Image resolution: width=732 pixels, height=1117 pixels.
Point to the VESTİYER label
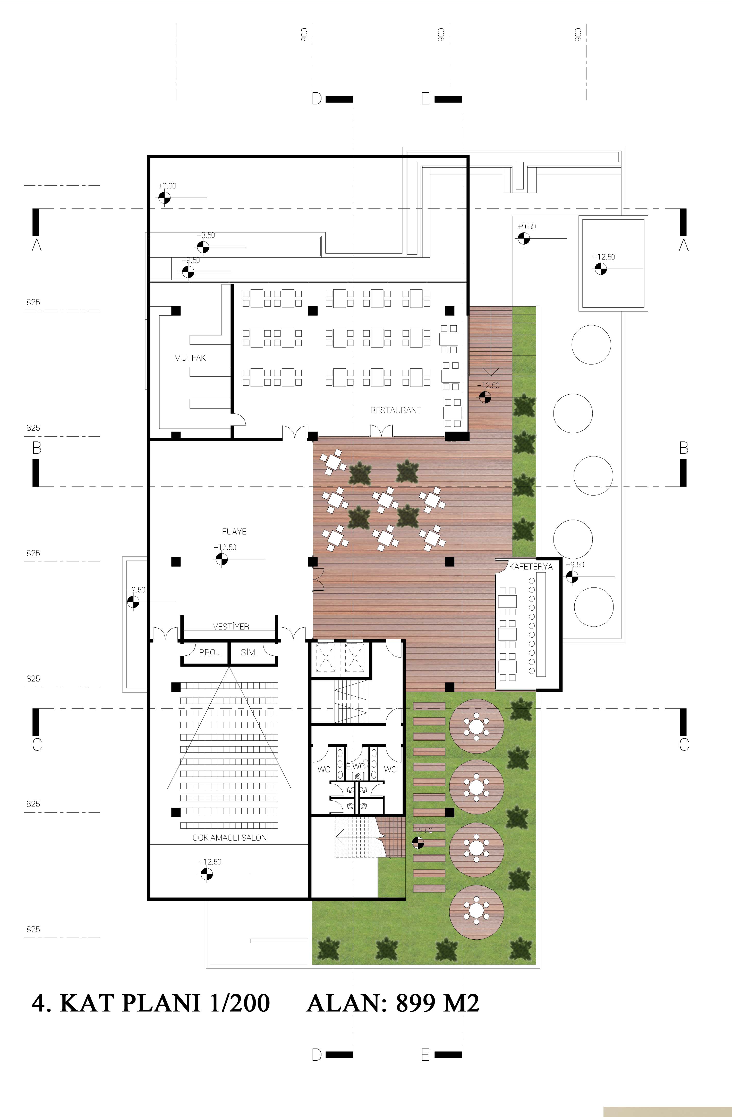point(231,626)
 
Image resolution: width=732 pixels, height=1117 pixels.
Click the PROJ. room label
point(210,652)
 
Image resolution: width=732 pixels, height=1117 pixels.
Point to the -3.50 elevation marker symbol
point(203,247)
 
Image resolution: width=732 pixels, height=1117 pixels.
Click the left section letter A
point(37,245)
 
